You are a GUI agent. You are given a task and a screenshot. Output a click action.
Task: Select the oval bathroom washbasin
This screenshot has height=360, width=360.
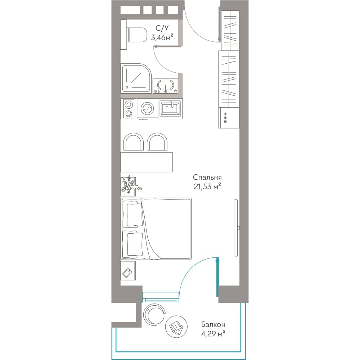point(165,86)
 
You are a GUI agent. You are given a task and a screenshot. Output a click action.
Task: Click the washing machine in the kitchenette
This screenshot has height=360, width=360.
point(147,109)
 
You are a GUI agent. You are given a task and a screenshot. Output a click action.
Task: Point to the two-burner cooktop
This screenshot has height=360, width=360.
point(129,109)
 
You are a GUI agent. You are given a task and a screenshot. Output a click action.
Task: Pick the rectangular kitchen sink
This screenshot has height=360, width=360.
point(171,108)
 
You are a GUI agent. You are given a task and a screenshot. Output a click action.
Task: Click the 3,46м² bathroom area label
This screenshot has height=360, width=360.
point(162,37)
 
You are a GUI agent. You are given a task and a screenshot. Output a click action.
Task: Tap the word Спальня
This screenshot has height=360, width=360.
point(207,177)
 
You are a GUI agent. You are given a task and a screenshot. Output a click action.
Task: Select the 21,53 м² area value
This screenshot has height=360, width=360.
point(207,186)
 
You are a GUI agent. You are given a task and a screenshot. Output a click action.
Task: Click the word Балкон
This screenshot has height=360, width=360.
point(213,324)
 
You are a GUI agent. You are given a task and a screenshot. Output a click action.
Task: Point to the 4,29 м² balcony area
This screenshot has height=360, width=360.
point(213,333)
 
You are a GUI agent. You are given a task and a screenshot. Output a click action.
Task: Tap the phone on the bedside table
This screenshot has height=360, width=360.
point(127,273)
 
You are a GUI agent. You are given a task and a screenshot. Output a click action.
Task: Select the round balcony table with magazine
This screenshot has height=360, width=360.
point(176,327)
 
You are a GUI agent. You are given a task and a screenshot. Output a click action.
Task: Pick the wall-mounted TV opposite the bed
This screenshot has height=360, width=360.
point(236,228)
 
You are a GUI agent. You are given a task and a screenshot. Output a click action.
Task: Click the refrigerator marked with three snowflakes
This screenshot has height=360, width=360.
point(229,118)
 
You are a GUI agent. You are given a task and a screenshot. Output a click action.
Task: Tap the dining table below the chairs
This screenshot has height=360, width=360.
point(147,162)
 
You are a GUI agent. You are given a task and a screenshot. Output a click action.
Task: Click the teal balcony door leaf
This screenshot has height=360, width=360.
point(217,277)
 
